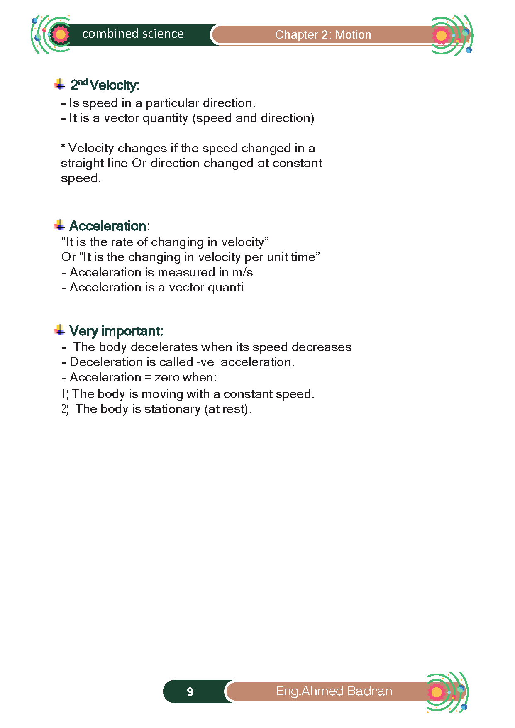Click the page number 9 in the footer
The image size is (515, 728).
[x=190, y=691]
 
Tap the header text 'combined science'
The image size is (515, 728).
[x=133, y=34]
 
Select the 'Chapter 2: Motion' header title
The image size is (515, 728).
[x=323, y=34]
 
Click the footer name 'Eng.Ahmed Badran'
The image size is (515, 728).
[x=334, y=691]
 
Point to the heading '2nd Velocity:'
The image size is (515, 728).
[x=105, y=85]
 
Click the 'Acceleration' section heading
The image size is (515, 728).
[x=107, y=226]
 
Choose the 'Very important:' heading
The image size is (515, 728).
[x=116, y=331]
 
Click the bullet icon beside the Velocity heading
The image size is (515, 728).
[x=59, y=84]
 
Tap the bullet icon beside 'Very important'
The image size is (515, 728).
[x=59, y=330]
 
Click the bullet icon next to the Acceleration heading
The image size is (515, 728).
[x=59, y=225]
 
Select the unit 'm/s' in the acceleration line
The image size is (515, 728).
[x=242, y=272]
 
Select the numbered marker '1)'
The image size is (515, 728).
[x=65, y=394]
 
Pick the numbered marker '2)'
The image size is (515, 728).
[x=65, y=409]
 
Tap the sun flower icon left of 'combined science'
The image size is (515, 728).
[x=60, y=34]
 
